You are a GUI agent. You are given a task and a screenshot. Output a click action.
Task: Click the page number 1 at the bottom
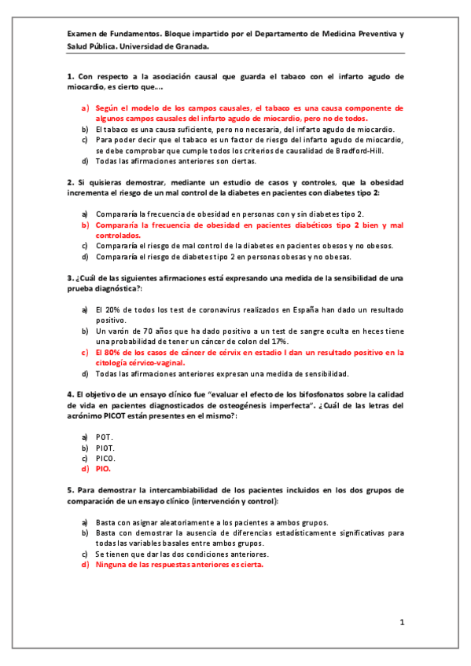point(401,623)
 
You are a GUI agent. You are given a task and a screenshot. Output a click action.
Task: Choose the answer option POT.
point(104,436)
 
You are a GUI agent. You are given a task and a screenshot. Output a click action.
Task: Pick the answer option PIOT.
point(105,447)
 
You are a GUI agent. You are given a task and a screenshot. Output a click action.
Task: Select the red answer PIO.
point(103,468)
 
